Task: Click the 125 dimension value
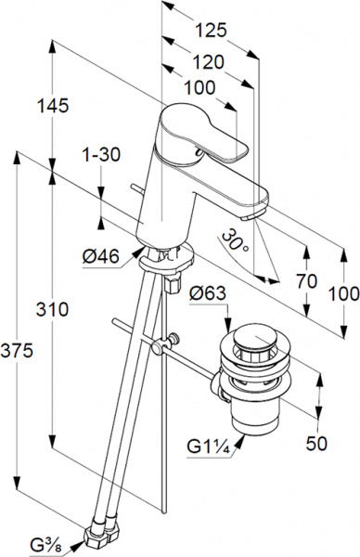tap(211, 31)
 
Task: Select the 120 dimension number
tap(209, 62)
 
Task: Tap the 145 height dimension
tap(53, 106)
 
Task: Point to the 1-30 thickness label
tap(101, 154)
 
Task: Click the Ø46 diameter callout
tap(101, 256)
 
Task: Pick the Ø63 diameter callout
tap(208, 293)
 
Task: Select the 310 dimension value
tap(52, 309)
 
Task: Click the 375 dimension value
tap(17, 351)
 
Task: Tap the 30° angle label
tap(236, 240)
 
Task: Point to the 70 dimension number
tap(306, 281)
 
